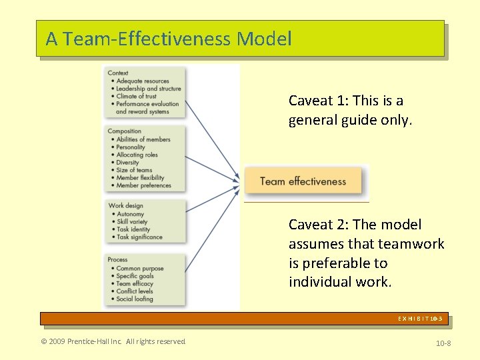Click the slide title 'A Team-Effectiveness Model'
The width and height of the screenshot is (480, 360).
169,39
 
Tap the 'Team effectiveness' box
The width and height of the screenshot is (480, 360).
303,181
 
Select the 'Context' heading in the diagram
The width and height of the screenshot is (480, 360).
118,73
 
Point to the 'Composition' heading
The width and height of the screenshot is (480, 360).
125,131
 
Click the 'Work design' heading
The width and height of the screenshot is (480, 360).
126,205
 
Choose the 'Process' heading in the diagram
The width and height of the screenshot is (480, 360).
118,259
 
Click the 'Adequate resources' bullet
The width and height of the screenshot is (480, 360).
143,81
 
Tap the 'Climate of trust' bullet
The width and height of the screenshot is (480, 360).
137,96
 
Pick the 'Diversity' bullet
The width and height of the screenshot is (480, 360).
128,162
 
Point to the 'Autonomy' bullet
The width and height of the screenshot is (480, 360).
131,213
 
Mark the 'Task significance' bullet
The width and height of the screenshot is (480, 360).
139,237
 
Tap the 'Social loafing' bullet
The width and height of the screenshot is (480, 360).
135,299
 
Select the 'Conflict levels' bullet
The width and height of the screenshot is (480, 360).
135,291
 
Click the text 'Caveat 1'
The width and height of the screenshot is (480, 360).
318,101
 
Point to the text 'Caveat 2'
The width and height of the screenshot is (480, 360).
318,225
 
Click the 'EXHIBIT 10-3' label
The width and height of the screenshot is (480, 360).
420,319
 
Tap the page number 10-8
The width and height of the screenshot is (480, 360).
443,342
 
